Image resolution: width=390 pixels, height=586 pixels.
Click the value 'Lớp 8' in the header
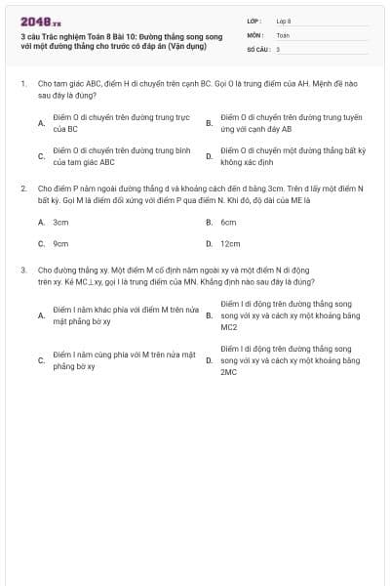[284, 21]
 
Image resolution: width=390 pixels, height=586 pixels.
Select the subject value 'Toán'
[283, 34]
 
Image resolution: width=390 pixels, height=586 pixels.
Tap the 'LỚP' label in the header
[253, 21]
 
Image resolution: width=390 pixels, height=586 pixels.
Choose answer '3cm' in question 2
[60, 222]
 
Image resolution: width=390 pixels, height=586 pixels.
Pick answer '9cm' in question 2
[60, 243]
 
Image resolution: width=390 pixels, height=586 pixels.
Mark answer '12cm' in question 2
[230, 243]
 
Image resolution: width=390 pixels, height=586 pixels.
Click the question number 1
[22, 85]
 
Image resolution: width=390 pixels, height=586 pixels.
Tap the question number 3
[22, 268]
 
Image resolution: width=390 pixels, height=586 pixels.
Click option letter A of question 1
[41, 123]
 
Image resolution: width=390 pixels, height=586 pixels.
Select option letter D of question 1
[209, 156]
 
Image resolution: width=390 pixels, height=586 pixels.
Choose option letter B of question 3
[209, 315]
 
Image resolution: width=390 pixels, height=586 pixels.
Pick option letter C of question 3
[41, 359]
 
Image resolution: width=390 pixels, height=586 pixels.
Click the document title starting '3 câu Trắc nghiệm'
[121, 40]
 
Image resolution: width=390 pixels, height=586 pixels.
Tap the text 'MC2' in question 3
[229, 327]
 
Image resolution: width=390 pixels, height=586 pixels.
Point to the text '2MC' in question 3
[229, 372]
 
